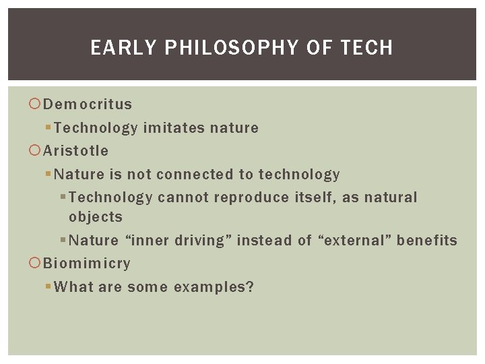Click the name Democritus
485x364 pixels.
pyautogui.click(x=88, y=104)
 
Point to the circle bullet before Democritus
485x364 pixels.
pyautogui.click(x=35, y=104)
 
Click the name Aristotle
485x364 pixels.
pyautogui.click(x=75, y=151)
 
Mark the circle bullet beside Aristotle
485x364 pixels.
pyautogui.click(x=35, y=151)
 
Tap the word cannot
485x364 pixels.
pyautogui.click(x=183, y=198)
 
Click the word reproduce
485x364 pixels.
pyautogui.click(x=251, y=198)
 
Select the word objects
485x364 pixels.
pyautogui.click(x=96, y=217)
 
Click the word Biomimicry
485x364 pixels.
pyautogui.click(x=87, y=264)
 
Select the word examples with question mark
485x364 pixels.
pyautogui.click(x=214, y=287)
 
